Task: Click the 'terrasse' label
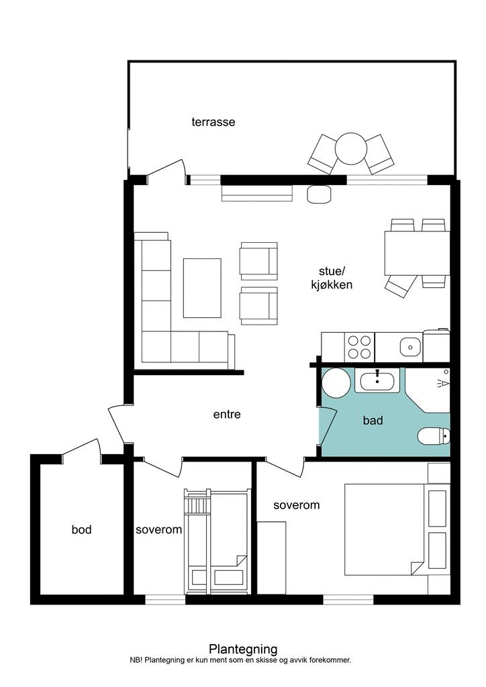213,122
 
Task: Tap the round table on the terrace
351,148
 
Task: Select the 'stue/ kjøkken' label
332,278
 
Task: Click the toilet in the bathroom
434,436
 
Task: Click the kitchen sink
410,347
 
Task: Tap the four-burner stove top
359,347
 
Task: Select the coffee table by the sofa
202,288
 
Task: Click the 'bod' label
81,530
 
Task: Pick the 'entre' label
227,414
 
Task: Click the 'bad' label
373,421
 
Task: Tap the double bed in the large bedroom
385,529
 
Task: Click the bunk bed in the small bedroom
217,541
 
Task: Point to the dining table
417,253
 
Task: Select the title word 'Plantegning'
243,649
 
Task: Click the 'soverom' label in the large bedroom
296,505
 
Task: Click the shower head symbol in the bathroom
444,383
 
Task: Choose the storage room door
81,449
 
